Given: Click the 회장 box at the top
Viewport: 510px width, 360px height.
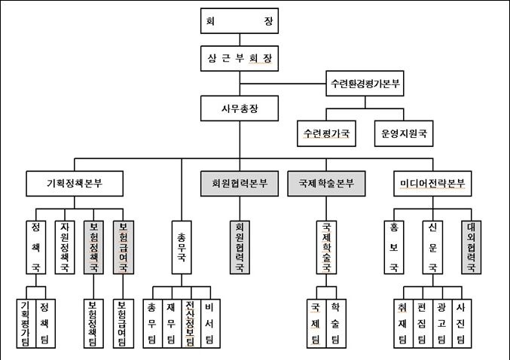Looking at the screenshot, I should tap(240, 22).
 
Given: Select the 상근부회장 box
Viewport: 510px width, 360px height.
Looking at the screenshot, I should tap(240, 58).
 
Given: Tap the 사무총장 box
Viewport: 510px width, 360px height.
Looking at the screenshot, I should tap(240, 108).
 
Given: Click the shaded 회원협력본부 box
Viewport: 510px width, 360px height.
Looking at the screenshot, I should tap(240, 183).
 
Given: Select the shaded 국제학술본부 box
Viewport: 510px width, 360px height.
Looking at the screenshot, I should tap(325, 183).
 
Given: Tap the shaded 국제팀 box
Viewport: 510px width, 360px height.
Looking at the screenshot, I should tap(315, 322).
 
